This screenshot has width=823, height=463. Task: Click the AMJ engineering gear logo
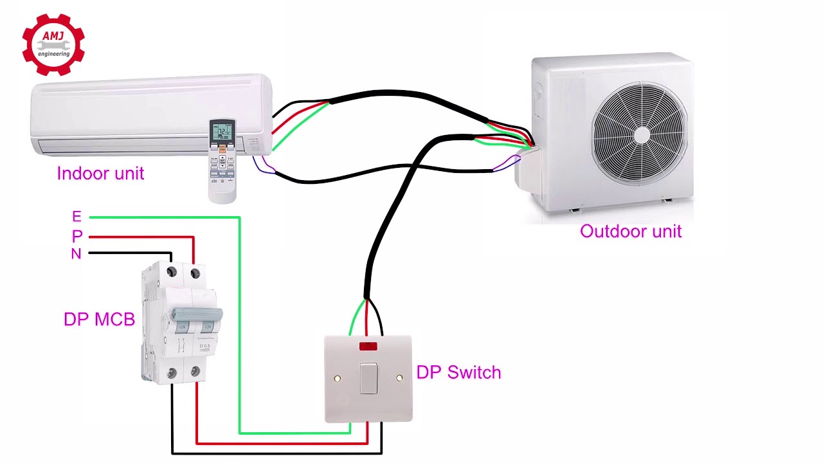(x=53, y=45)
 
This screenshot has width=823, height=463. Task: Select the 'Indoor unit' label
(x=100, y=174)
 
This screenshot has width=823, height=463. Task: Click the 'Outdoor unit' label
(x=630, y=232)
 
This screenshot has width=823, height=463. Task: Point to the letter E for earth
(x=77, y=217)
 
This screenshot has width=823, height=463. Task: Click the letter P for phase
(x=77, y=236)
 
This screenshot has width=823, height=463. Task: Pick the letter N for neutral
(x=76, y=254)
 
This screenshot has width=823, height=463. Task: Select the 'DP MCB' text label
(x=99, y=320)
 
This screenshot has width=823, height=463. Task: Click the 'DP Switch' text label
(x=458, y=372)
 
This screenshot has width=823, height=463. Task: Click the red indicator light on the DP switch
(x=368, y=346)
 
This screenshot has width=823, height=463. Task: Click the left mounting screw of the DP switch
(x=338, y=379)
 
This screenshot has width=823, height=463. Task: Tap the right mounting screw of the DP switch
(x=399, y=379)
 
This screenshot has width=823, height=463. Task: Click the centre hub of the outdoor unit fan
(x=642, y=134)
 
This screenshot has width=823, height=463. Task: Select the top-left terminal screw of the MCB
(x=172, y=273)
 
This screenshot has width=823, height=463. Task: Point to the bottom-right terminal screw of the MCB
(x=195, y=372)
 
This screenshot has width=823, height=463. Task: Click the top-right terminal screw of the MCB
(x=195, y=274)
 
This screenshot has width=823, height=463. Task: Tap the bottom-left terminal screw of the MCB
(x=172, y=372)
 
